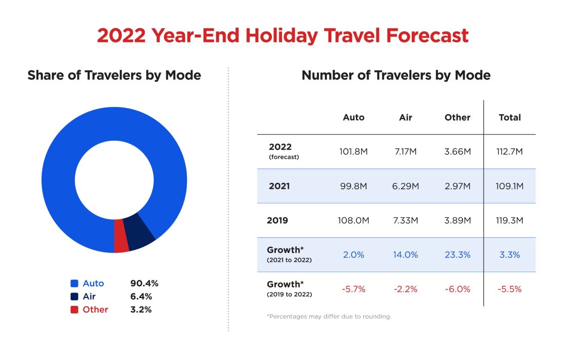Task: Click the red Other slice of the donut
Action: (x=121, y=236)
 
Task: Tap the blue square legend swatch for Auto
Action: (x=74, y=284)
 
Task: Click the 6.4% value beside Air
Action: (x=141, y=296)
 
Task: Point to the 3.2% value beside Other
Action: (x=141, y=309)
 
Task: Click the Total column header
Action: (x=509, y=118)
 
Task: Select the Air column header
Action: (x=405, y=118)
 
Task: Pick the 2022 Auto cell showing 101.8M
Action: (x=353, y=152)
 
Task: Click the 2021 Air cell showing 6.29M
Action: (x=405, y=186)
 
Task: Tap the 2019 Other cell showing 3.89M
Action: (x=458, y=221)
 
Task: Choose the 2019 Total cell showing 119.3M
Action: (x=509, y=221)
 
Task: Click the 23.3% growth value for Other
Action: (x=458, y=255)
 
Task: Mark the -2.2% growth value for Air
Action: (x=405, y=289)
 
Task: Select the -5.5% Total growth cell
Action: (x=509, y=289)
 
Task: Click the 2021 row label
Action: (x=279, y=186)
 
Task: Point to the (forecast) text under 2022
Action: (x=284, y=157)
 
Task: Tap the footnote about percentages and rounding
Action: (x=329, y=317)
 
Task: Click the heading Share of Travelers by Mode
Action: (x=114, y=76)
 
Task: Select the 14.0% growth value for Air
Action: (x=405, y=255)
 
